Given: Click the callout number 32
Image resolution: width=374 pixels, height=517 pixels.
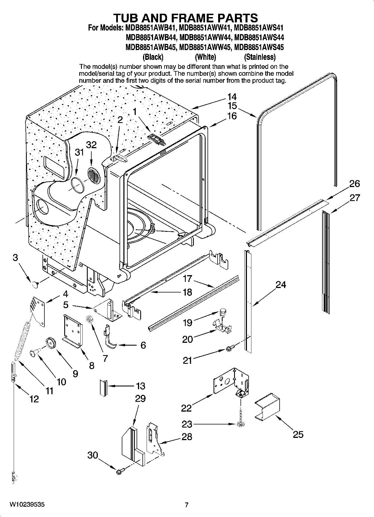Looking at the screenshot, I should [91, 145].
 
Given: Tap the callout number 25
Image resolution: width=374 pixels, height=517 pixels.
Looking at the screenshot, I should [298, 434].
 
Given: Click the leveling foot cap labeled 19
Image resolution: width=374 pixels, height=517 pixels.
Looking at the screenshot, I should [223, 310].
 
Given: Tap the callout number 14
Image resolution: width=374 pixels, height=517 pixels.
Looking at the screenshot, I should [232, 97].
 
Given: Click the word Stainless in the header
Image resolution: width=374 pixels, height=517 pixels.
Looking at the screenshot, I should [260, 57].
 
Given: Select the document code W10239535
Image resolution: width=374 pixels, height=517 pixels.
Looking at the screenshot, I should [27, 505].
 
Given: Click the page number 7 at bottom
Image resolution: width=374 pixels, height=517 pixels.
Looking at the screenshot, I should [187, 505].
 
